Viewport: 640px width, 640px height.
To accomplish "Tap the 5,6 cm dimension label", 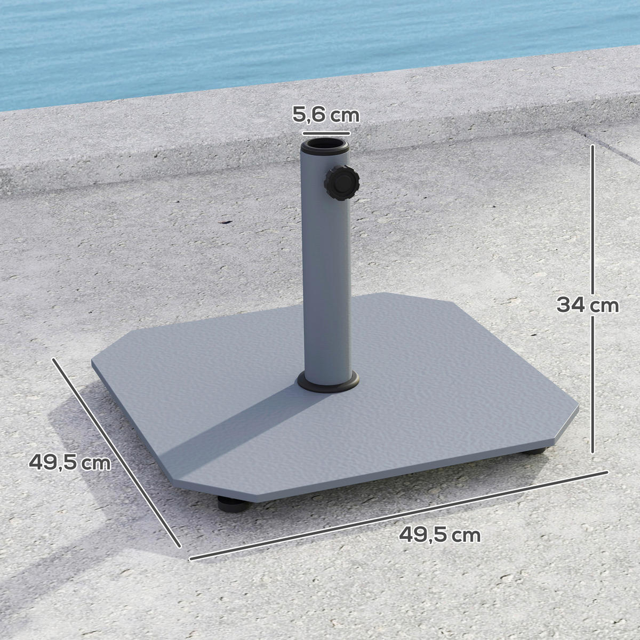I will (325, 115).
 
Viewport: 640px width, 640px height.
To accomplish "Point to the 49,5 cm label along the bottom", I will (439, 534).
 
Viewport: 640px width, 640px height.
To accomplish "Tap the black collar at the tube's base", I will (328, 383).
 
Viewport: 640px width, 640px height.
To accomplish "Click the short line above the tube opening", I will (326, 132).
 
